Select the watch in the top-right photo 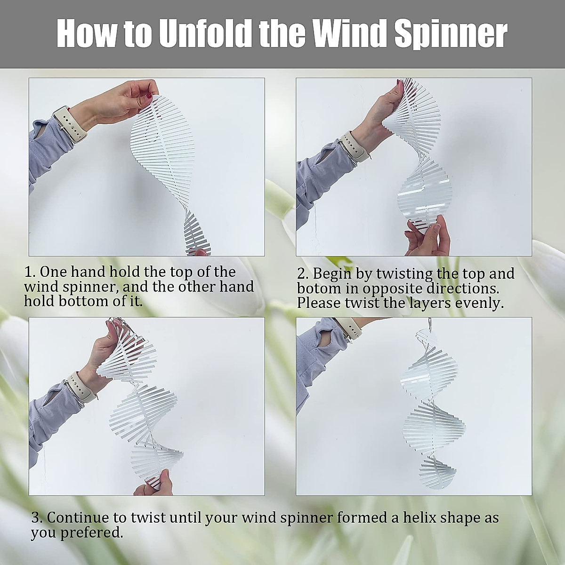353,145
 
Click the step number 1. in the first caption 30,272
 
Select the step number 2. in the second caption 303,274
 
